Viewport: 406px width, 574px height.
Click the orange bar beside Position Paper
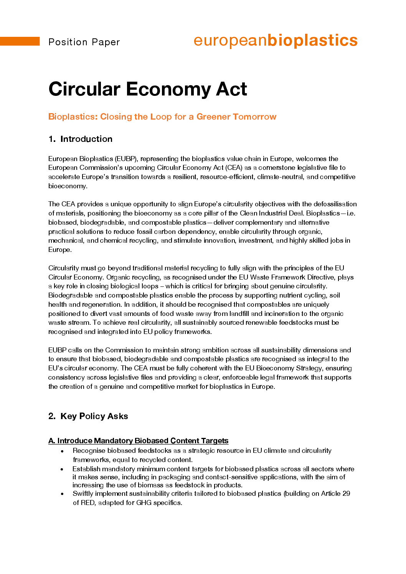(x=20, y=41)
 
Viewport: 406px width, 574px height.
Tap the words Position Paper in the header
(x=84, y=42)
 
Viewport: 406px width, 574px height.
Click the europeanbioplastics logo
(x=275, y=40)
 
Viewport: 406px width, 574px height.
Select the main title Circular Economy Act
(x=148, y=89)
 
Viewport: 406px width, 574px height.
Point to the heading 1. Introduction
(x=81, y=139)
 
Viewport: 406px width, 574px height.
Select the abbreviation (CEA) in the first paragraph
(x=234, y=168)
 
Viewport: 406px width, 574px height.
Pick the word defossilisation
(x=335, y=204)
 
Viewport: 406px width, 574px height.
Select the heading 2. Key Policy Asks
(x=88, y=416)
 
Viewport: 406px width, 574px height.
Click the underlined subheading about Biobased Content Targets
(x=138, y=441)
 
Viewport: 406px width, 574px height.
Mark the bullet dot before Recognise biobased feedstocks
(x=62, y=451)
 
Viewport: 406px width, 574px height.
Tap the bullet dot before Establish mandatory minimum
(x=62, y=469)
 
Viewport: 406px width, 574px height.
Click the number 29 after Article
(x=346, y=493)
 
